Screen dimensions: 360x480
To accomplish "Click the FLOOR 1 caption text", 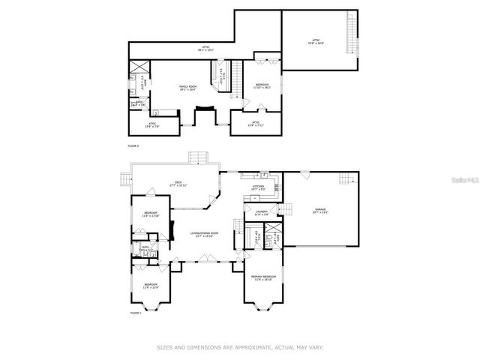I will [x=136, y=312].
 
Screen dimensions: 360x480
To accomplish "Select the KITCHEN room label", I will [x=259, y=187].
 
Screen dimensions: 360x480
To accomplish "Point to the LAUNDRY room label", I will [x=262, y=214].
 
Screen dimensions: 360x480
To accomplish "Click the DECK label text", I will [x=178, y=183].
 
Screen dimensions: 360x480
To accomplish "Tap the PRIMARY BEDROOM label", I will [x=264, y=277].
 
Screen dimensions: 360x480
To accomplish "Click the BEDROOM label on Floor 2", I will [x=262, y=85].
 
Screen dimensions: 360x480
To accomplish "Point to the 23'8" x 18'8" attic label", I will [x=316, y=41].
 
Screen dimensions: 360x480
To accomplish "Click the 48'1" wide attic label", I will [x=205, y=49].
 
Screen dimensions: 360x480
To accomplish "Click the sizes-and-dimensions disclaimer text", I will [x=239, y=347].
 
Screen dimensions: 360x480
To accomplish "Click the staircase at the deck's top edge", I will [x=198, y=156].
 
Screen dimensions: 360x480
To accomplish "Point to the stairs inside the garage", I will [x=346, y=178].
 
